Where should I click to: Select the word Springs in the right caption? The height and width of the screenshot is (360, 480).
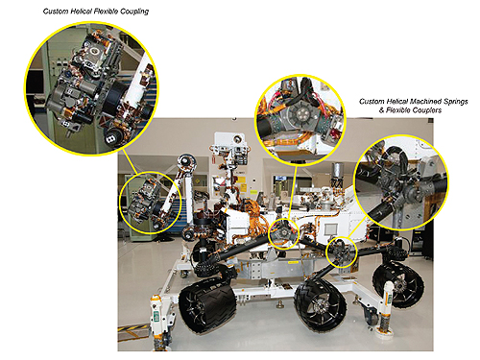click(x=456, y=102)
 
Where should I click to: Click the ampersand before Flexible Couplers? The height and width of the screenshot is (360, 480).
click(x=382, y=110)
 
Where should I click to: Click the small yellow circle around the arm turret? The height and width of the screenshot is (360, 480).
click(x=151, y=203)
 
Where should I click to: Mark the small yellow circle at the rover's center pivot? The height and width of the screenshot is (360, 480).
click(x=283, y=234)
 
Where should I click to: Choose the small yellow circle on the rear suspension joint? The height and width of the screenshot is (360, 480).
click(x=342, y=252)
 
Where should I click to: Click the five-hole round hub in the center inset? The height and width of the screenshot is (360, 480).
click(x=300, y=113)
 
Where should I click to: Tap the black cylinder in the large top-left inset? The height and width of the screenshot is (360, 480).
click(x=113, y=96)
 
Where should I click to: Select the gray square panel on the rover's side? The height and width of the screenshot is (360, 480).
click(x=331, y=229)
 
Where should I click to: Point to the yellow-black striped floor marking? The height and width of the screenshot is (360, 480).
click(x=133, y=332)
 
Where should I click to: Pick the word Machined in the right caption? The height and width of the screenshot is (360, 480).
click(x=425, y=102)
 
